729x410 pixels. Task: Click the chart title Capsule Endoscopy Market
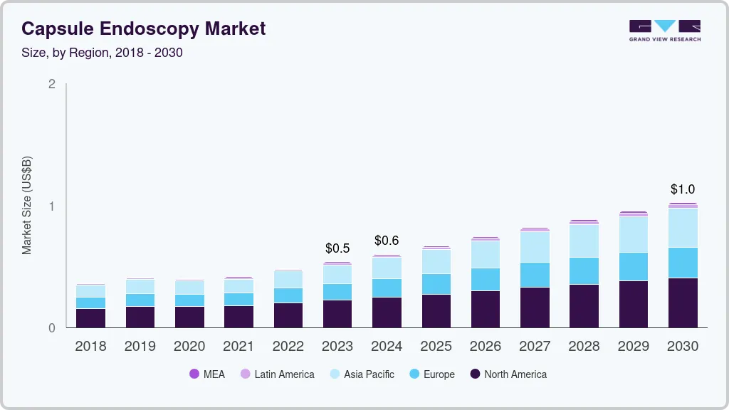pos(143,29)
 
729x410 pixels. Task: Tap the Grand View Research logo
pos(664,31)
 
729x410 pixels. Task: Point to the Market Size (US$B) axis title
pos(27,206)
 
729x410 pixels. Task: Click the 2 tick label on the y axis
pos(51,84)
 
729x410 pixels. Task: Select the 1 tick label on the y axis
pos(51,206)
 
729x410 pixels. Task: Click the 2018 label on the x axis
pos(90,347)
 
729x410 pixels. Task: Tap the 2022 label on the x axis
pos(288,347)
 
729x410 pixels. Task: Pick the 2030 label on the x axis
pos(683,347)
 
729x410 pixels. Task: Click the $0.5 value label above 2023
pos(337,248)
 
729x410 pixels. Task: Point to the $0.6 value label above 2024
pos(387,241)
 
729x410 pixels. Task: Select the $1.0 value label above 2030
pos(683,189)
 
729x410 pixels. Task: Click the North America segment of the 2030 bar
pos(683,303)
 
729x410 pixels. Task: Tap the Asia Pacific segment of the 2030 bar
pos(683,228)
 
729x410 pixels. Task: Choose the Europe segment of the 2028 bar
pos(584,270)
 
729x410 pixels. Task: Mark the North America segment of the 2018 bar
pos(90,318)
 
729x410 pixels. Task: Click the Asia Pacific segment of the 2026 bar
pos(486,254)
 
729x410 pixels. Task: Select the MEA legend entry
pos(207,374)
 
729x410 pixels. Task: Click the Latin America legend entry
pos(277,374)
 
